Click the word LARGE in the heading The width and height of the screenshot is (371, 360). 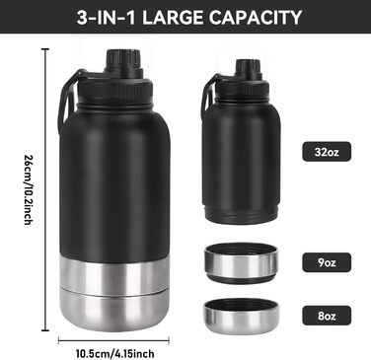173,18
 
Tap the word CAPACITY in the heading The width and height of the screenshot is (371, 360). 256,18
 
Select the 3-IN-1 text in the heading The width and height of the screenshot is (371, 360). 106,18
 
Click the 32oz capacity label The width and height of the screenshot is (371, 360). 327,152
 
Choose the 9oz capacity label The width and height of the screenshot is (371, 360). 327,262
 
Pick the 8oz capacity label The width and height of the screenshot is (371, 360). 327,316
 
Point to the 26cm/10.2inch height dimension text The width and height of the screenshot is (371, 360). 29,189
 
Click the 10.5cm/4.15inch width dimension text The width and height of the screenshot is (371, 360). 115,354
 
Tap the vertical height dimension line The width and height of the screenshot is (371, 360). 45,189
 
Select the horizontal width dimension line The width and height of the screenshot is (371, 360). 113,340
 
